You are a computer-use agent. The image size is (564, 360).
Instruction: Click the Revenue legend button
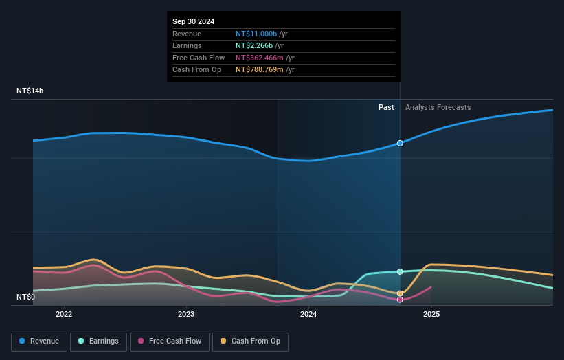pyautogui.click(x=39, y=341)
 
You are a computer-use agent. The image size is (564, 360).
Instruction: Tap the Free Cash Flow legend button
pyautogui.click(x=170, y=341)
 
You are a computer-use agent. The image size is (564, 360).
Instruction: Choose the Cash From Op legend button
pyautogui.click(x=250, y=341)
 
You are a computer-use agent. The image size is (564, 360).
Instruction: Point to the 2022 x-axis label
pyautogui.click(x=64, y=315)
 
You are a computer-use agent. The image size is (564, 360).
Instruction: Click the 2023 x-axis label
pyautogui.click(x=186, y=315)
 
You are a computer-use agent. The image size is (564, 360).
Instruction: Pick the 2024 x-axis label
pyautogui.click(x=308, y=315)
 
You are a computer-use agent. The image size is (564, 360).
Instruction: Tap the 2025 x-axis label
pyautogui.click(x=431, y=315)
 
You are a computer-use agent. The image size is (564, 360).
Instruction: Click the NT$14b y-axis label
pyautogui.click(x=30, y=91)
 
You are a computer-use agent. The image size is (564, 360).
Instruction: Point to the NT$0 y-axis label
pyautogui.click(x=26, y=297)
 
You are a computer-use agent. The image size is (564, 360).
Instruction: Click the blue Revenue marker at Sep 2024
pyautogui.click(x=400, y=144)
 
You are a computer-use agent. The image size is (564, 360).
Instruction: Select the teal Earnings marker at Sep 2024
pyautogui.click(x=400, y=271)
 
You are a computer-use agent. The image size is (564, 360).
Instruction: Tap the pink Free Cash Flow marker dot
pyautogui.click(x=400, y=300)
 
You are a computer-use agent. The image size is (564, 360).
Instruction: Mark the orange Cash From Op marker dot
pyautogui.click(x=400, y=293)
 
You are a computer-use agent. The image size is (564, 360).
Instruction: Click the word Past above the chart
pyautogui.click(x=386, y=107)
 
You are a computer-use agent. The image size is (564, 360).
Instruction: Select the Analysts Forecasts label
pyautogui.click(x=438, y=107)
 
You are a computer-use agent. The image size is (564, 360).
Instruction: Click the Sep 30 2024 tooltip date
pyautogui.click(x=193, y=21)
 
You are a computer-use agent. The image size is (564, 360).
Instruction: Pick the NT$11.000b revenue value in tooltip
pyautogui.click(x=256, y=34)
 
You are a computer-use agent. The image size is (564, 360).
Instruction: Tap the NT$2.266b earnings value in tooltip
pyautogui.click(x=254, y=46)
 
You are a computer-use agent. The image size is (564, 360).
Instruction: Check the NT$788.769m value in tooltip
pyautogui.click(x=260, y=69)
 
